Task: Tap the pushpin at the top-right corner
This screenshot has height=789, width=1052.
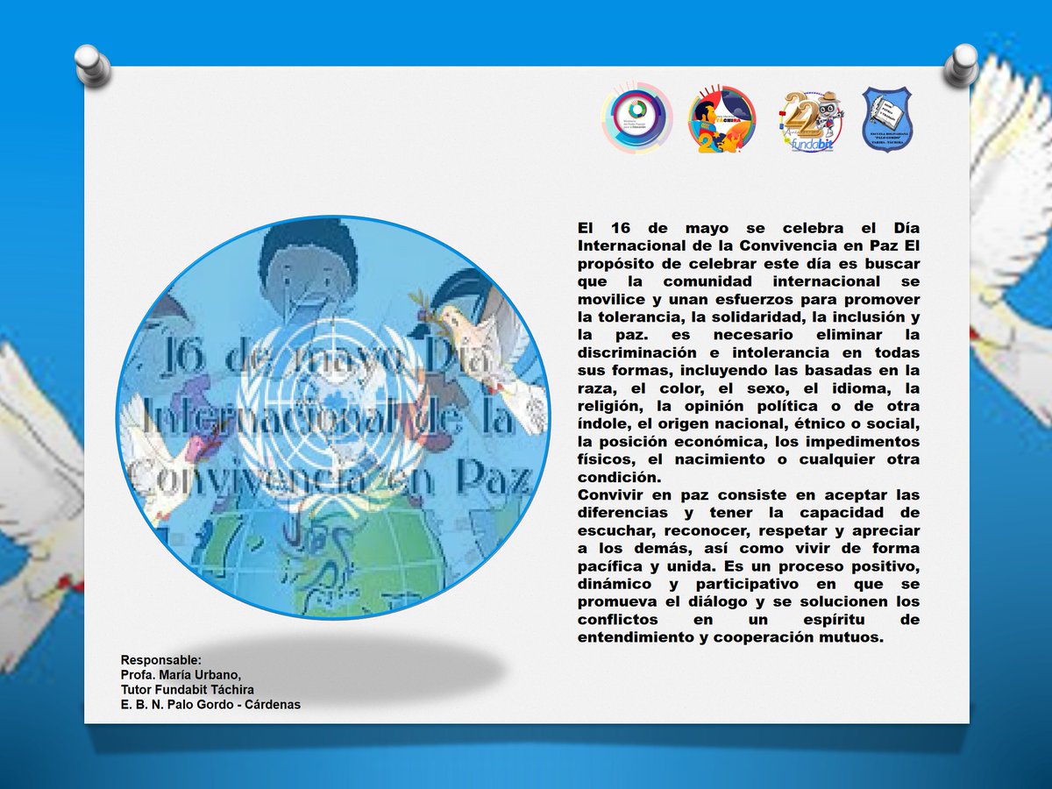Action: coord(961,63)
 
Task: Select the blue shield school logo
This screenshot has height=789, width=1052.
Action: coord(887,118)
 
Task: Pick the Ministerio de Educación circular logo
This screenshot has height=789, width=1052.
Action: coord(636,119)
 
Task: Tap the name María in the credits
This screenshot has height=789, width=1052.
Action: coord(177,674)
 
